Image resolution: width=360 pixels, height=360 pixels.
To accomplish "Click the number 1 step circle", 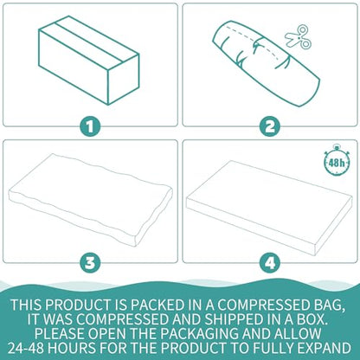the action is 90,126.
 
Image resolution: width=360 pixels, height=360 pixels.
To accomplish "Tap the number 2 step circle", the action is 270,126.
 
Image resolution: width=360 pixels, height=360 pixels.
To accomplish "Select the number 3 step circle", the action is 90,262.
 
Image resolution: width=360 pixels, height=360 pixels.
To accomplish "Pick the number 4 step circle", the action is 270,262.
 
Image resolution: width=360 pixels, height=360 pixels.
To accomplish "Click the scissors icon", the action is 299,37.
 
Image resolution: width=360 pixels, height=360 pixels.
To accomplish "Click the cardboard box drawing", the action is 89,61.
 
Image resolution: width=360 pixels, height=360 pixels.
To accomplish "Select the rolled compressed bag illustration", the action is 267,64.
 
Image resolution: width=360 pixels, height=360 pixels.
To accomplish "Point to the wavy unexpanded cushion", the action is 91,200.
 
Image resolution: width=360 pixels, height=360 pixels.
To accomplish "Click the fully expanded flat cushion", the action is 269,208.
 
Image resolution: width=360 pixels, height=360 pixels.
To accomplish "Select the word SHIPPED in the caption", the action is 233,319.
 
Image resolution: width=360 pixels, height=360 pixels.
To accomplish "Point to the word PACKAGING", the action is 200,333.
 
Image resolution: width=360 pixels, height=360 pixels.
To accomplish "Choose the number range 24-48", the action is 26,348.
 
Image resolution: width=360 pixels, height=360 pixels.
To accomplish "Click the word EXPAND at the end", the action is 325,348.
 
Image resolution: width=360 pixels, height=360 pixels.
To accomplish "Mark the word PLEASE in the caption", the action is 59,333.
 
